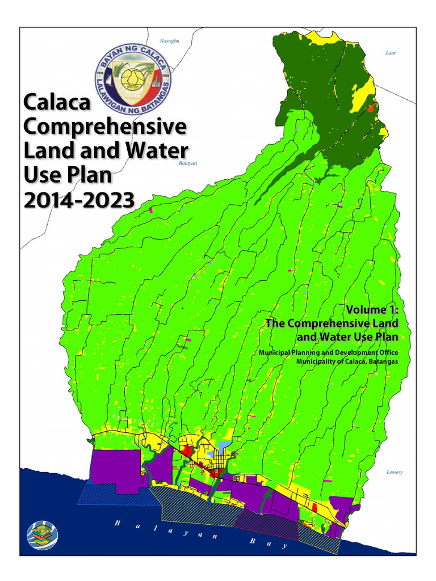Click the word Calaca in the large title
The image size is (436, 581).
tap(57, 103)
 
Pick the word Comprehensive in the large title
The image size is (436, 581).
tap(105, 127)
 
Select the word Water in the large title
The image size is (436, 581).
tap(157, 151)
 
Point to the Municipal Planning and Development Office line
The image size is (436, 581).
tap(328, 353)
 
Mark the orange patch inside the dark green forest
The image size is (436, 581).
tap(372, 107)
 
